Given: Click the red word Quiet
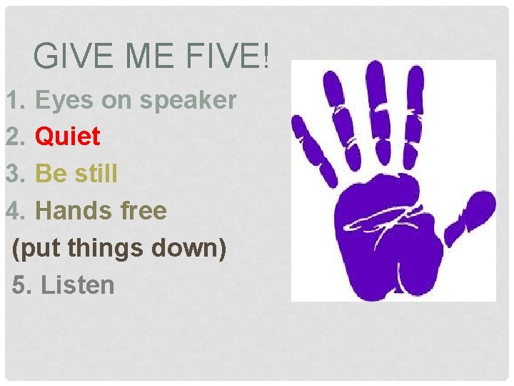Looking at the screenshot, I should [68, 136].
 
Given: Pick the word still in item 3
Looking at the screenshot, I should [96, 174].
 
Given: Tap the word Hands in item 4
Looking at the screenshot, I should [71, 211].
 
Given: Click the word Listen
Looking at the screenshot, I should [78, 285].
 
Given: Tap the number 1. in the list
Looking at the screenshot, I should [16, 101].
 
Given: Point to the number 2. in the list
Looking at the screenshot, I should [16, 136].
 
